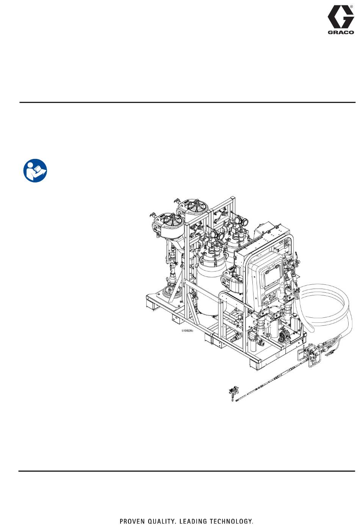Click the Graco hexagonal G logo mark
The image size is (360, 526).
pyautogui.click(x=341, y=17)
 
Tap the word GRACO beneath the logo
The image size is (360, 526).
pyautogui.click(x=341, y=32)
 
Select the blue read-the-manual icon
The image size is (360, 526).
pyautogui.click(x=35, y=171)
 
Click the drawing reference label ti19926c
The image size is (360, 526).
pyautogui.click(x=188, y=331)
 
